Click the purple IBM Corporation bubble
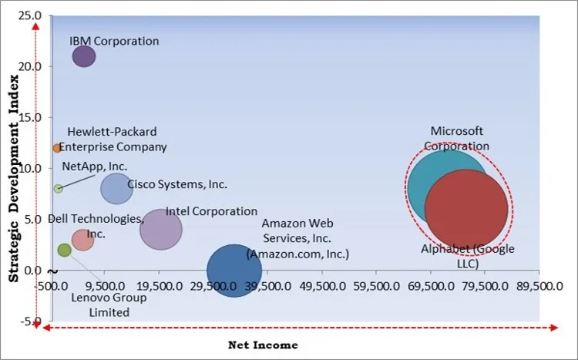coord(84,56)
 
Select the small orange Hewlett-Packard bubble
coord(57,148)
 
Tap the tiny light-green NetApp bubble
coord(58,188)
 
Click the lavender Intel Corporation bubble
coord(161,229)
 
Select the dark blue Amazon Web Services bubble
coord(234,271)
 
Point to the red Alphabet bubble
coord(467,209)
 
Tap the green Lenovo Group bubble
coord(64,250)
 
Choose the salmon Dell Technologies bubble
coord(82,240)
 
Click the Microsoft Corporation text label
coord(460,138)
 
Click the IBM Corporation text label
coord(114,41)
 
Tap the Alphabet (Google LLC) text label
coord(467,256)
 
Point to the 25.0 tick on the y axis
coord(31,15)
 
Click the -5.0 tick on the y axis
coord(32,321)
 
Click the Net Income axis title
coord(262,345)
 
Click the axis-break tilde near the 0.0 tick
coord(51,271)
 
